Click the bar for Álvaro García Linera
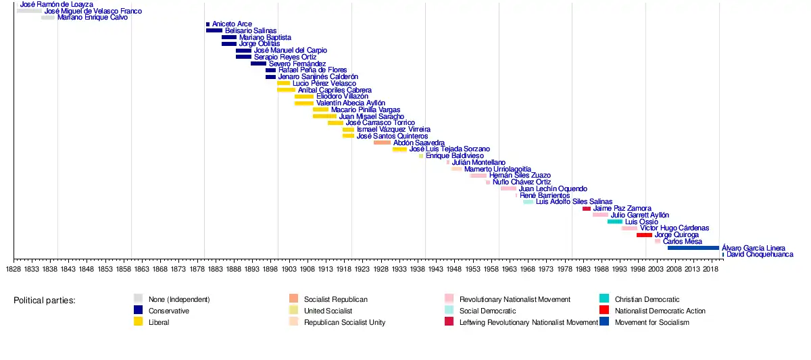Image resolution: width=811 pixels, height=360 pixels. click(x=693, y=248)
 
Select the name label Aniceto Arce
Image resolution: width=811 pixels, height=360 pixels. click(x=232, y=24)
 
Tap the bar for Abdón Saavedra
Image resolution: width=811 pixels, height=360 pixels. click(x=382, y=143)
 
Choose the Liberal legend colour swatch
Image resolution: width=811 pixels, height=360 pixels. click(x=139, y=322)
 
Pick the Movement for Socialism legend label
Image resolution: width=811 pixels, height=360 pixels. click(x=652, y=322)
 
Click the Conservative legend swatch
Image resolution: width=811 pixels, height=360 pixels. click(x=139, y=311)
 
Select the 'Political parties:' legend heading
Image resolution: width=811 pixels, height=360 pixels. click(x=45, y=300)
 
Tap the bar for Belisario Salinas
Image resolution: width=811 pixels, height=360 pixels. click(x=214, y=30)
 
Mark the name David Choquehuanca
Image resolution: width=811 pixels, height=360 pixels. click(x=760, y=255)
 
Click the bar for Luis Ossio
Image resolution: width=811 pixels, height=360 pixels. click(x=615, y=222)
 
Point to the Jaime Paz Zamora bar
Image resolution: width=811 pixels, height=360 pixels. click(x=587, y=209)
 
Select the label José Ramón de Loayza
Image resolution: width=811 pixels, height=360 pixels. click(x=57, y=4)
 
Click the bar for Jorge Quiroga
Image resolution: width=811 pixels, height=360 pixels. click(x=644, y=235)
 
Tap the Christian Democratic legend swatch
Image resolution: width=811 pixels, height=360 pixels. click(x=604, y=299)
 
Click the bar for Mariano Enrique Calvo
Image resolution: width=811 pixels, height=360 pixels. click(x=48, y=18)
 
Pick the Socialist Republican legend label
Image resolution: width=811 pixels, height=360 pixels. click(x=336, y=299)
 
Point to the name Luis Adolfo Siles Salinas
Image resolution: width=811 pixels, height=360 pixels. click(x=574, y=202)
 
